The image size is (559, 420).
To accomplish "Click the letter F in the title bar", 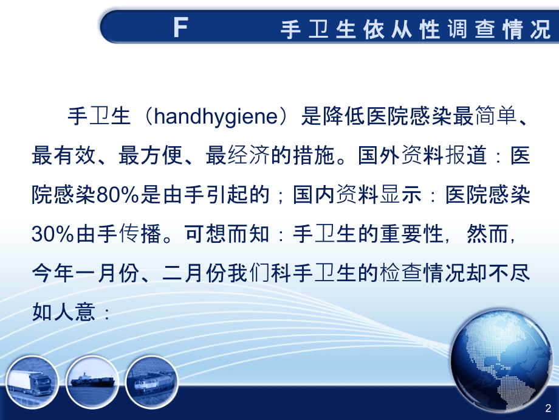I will coord(180,29).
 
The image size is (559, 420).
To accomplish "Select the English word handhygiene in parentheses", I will coord(216,117).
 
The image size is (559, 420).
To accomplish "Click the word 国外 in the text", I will coord(379,156).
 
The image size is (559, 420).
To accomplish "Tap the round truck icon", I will coord(33,380).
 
